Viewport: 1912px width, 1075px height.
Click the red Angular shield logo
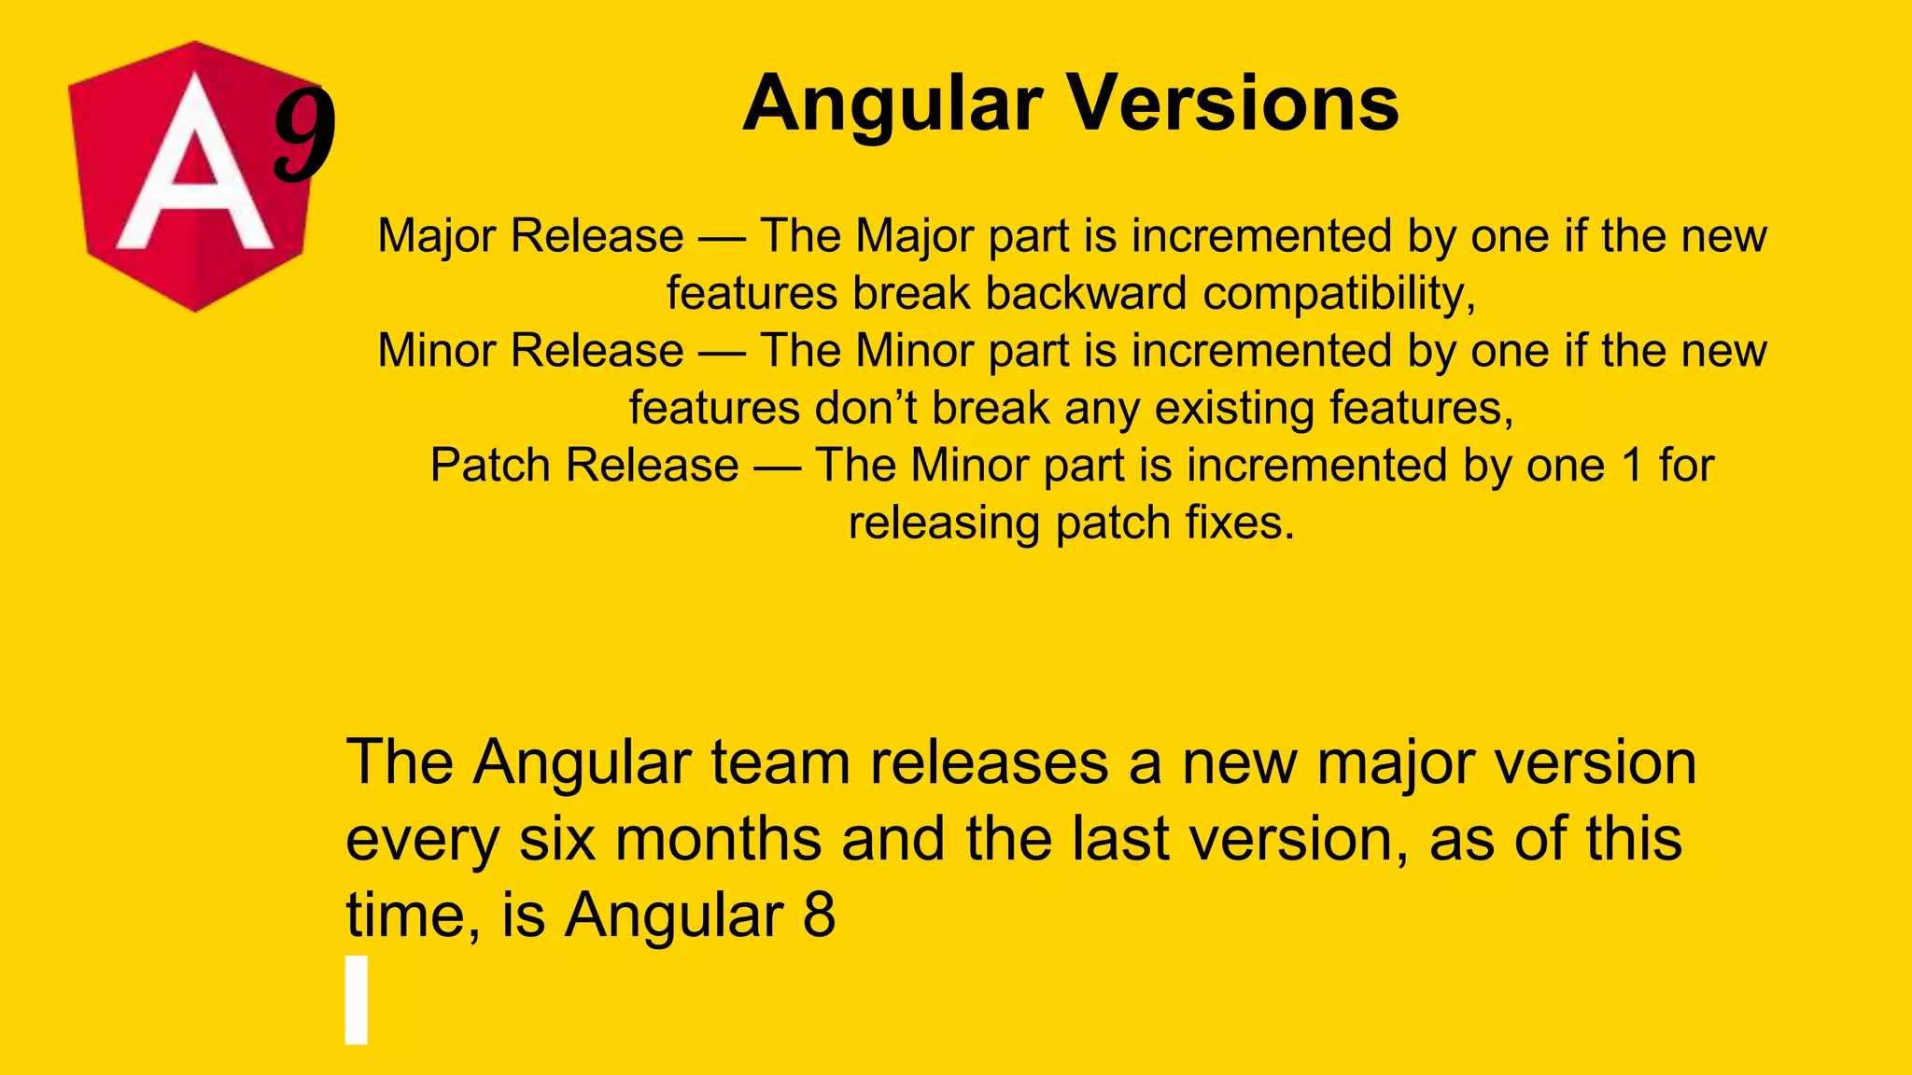(x=191, y=177)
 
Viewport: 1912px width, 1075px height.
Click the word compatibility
(x=1339, y=294)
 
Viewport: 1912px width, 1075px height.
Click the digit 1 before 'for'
(x=1632, y=465)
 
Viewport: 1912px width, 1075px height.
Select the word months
(x=718, y=839)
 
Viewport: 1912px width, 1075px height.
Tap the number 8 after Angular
(x=819, y=914)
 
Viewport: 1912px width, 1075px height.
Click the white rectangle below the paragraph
(x=356, y=999)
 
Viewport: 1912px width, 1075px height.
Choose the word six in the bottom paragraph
(x=557, y=839)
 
